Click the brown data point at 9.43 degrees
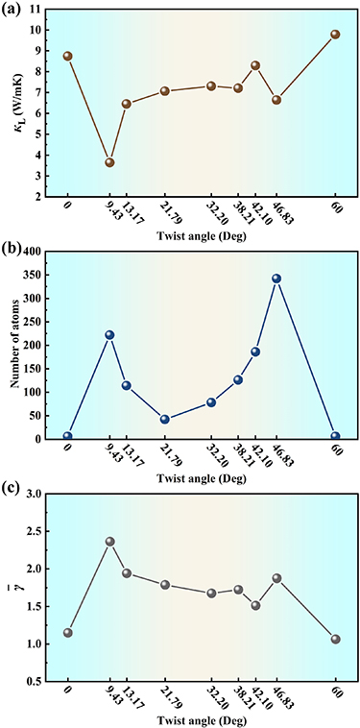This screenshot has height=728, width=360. [109, 162]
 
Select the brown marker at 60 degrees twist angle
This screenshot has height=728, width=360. [335, 35]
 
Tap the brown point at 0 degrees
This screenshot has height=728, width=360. [67, 56]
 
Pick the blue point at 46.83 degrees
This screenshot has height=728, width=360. [276, 279]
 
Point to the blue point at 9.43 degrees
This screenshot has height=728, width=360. [109, 335]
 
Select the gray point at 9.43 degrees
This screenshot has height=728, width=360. [109, 542]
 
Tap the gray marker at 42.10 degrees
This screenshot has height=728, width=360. [255, 605]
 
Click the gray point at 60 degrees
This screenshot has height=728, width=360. [335, 639]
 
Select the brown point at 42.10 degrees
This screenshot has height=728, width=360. [255, 65]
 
